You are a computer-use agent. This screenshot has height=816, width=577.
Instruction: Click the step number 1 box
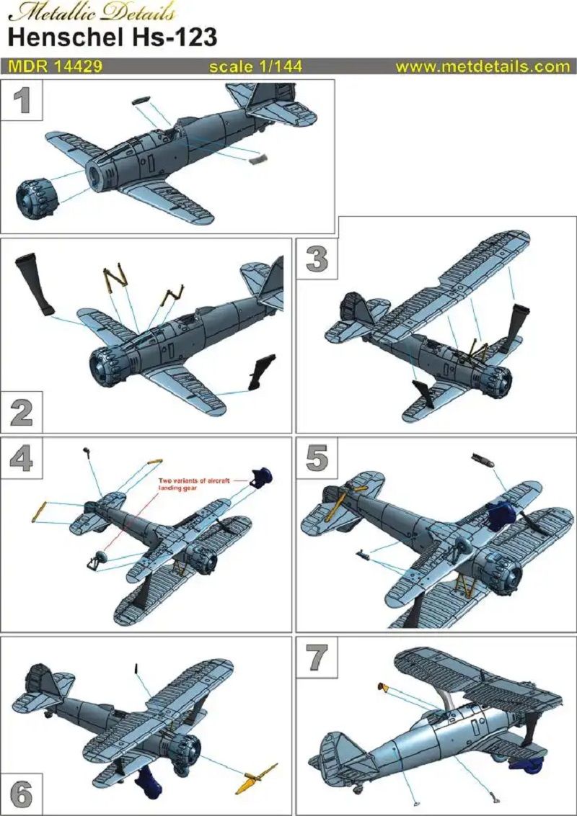[22, 100]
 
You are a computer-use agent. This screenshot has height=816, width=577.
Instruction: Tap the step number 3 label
[317, 258]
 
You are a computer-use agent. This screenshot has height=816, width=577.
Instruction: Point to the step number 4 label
[22, 457]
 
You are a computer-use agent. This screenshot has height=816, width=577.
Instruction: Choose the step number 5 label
[317, 457]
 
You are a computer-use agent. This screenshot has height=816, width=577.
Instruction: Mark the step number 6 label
[22, 794]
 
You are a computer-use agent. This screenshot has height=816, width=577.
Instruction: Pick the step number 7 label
[317, 657]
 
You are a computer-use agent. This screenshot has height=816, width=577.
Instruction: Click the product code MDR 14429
[55, 66]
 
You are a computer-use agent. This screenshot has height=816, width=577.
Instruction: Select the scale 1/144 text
[255, 66]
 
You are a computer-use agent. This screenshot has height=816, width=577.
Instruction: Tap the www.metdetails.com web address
[482, 66]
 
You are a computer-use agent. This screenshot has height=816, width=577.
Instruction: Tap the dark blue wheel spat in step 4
[261, 477]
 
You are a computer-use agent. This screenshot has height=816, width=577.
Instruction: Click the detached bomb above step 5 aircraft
[481, 460]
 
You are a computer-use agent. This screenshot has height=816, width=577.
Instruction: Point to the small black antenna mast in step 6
[136, 669]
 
